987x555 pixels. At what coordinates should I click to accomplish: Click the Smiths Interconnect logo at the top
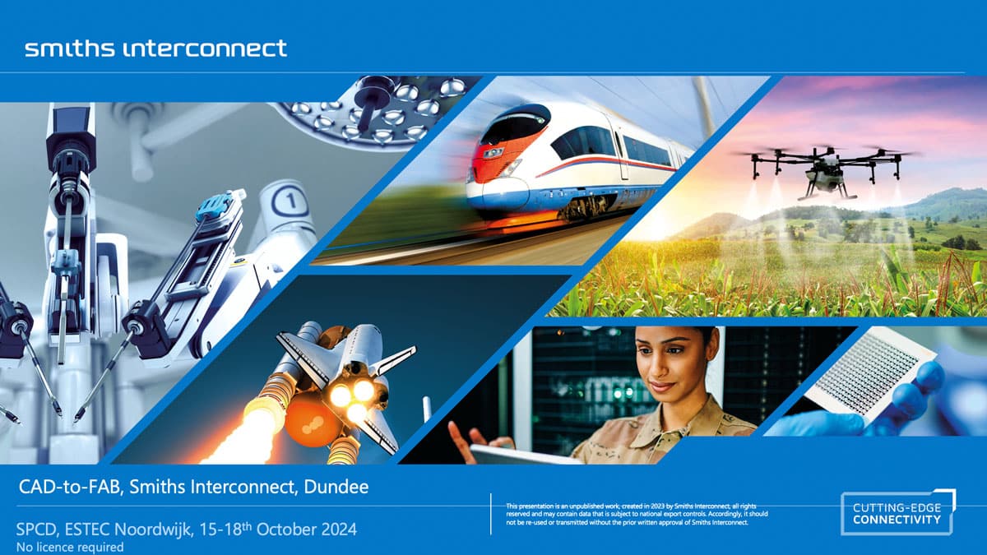pos(156,49)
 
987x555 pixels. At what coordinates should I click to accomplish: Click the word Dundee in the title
pos(336,487)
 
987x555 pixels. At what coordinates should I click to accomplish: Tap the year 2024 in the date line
pos(339,529)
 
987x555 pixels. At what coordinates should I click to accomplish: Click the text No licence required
pos(70,547)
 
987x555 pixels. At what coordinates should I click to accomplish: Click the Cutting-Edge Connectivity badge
pos(898,513)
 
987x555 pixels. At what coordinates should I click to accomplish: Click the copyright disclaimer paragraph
pos(637,514)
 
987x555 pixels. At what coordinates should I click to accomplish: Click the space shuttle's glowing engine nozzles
pos(353,399)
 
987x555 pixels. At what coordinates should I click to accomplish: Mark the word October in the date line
pos(286,529)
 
